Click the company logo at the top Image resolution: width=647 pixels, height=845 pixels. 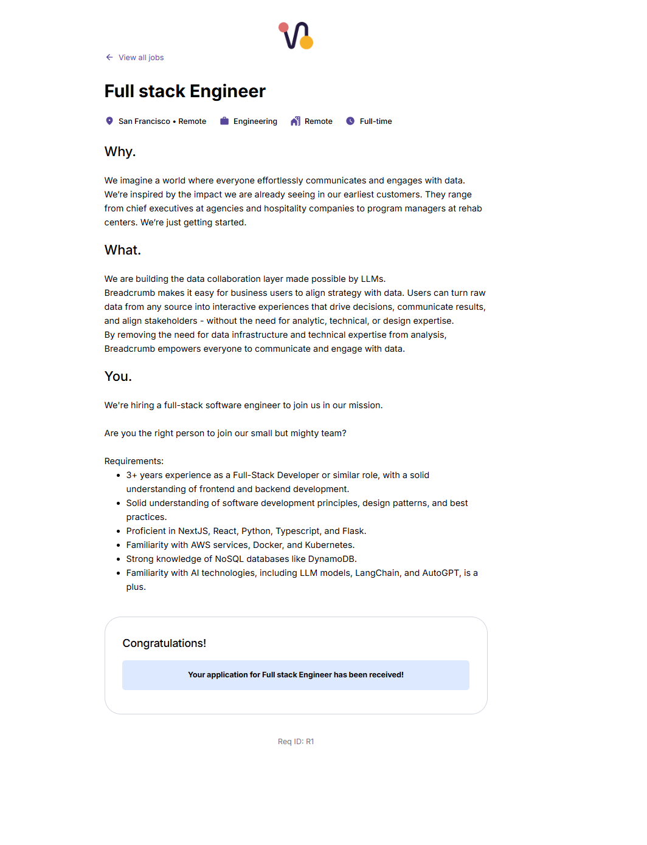coord(296,36)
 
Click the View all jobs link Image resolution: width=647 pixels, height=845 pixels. coord(141,58)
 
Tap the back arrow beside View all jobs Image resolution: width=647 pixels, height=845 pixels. coord(109,58)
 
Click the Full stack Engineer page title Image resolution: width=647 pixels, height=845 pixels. coord(185,91)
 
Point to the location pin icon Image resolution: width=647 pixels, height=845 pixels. coord(109,121)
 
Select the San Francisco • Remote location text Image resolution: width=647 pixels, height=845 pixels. coord(162,121)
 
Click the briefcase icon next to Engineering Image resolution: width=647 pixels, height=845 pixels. coord(224,121)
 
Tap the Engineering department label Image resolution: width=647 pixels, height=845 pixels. coord(255,121)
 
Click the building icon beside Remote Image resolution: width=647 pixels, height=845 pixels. coord(296,121)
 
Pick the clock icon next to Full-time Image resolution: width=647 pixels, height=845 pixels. coord(350,121)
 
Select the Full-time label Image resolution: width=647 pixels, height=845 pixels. coord(376,121)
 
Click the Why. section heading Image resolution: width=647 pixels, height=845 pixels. coord(120,152)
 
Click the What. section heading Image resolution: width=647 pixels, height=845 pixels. coord(122,250)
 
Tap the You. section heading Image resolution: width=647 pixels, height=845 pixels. coord(118,377)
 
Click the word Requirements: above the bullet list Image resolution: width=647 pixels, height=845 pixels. coord(134,461)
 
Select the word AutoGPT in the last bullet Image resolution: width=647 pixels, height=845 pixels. coord(441,573)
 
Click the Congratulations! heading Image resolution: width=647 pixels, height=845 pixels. coord(164,643)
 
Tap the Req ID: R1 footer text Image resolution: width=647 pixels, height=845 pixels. coord(296,741)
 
